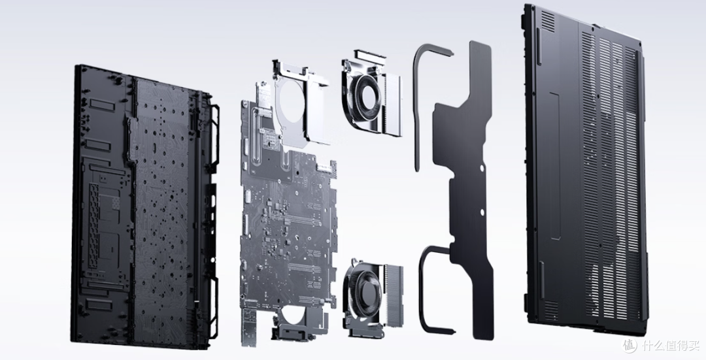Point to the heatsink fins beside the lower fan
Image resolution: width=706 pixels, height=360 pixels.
pos(394,295)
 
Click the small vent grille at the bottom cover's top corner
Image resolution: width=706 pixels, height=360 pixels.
pos(548,21)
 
